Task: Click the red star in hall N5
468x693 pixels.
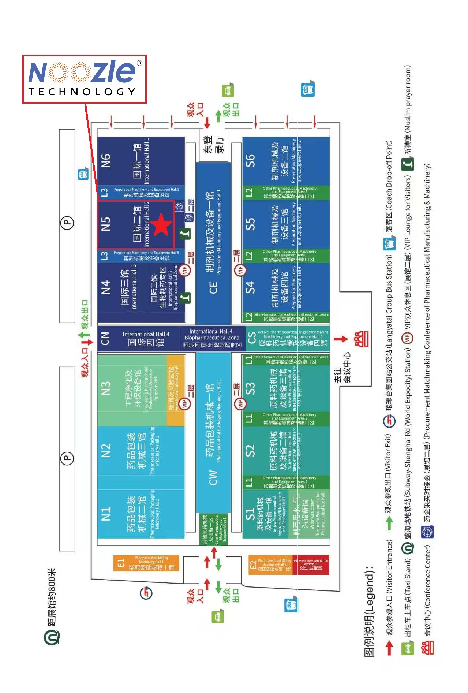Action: [161, 225]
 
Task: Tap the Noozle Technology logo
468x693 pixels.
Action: [85, 79]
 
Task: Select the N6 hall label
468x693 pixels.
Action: [106, 160]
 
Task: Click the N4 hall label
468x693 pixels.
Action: [106, 287]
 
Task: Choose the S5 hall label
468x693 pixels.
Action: [250, 224]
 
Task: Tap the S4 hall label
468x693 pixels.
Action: [250, 287]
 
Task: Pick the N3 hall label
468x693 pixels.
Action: [106, 388]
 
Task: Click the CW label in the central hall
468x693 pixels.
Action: [213, 477]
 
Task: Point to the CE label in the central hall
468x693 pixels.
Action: [213, 287]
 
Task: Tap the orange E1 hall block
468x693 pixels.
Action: [146, 563]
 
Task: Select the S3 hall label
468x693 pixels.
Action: [250, 388]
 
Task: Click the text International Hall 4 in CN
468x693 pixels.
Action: [146, 334]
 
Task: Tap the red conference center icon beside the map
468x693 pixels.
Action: [361, 339]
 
